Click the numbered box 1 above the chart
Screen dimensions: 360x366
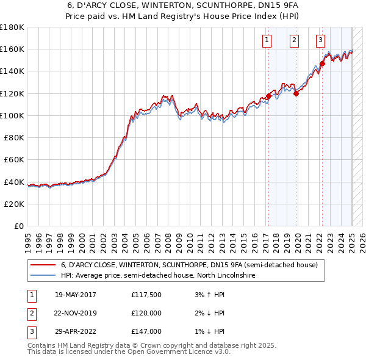(x=267, y=41)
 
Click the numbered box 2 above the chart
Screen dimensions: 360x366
(x=294, y=41)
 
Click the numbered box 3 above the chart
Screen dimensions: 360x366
(x=320, y=41)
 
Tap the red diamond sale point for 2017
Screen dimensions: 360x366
(x=268, y=96)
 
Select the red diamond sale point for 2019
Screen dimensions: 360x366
(x=296, y=93)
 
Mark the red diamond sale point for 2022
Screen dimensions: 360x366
(x=322, y=63)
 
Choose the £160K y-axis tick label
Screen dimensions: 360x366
(x=12, y=49)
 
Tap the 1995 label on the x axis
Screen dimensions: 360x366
(x=27, y=239)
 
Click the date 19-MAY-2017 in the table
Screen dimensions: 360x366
(x=76, y=295)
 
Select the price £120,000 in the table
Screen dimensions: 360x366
(x=146, y=313)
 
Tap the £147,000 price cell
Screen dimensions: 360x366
(x=146, y=331)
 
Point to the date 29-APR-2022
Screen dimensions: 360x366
(x=76, y=331)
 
